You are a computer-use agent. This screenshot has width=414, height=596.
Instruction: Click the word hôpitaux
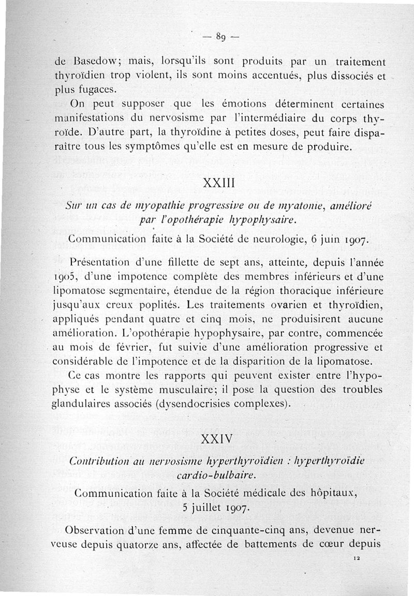pyautogui.click(x=347, y=494)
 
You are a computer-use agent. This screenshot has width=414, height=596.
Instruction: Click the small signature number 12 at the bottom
pyautogui.click(x=357, y=558)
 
